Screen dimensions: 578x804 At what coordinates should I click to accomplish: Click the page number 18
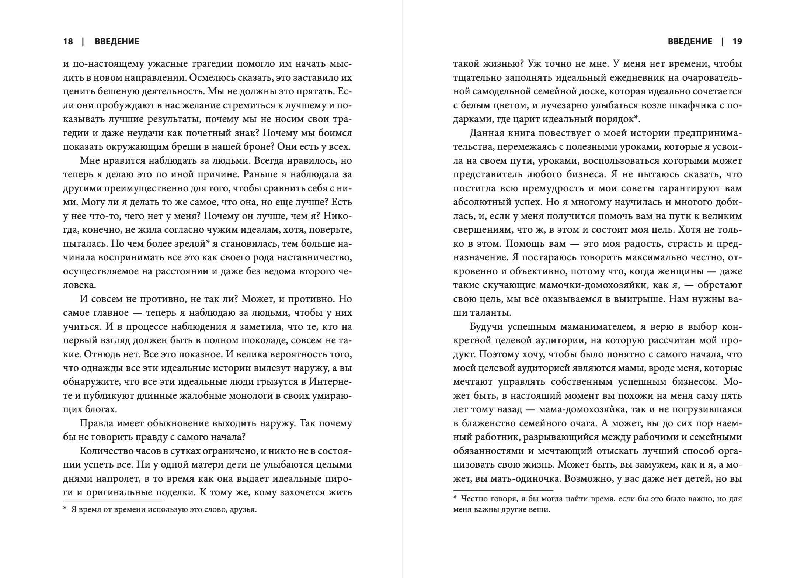tap(68, 41)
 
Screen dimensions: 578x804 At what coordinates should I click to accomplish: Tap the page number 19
tap(737, 41)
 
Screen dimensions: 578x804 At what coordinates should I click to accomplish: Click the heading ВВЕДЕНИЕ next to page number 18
tap(117, 41)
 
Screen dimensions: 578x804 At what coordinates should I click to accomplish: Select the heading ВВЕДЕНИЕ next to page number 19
tap(690, 41)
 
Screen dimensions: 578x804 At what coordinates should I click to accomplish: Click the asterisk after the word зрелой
tap(208, 242)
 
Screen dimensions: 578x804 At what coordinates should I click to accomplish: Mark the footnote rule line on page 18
tap(113, 501)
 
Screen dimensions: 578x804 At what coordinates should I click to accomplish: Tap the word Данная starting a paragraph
tap(487, 133)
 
